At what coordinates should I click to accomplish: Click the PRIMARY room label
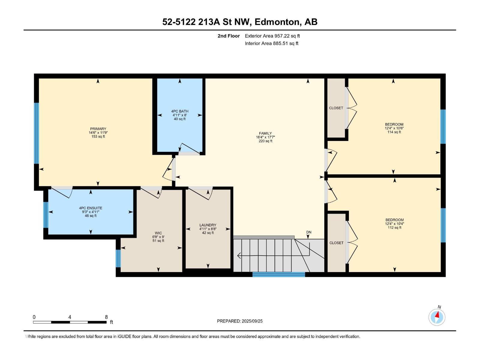pos(98,129)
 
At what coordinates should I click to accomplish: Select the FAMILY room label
pos(265,133)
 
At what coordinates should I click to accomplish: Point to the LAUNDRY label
pos(208,225)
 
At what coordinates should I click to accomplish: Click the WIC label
pos(158,233)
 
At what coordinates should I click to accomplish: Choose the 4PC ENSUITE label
pos(91,208)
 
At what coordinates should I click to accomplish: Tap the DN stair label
pos(309,232)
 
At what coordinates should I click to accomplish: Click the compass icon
pos(437,317)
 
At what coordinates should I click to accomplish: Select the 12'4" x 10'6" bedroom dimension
pos(394,128)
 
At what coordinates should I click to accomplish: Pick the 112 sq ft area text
pos(394,227)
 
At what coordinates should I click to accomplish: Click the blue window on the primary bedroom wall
pos(37,133)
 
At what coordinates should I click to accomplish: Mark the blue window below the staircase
pos(279,274)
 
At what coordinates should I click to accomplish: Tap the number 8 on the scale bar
pos(106,317)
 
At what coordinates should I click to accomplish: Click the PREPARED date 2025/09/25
pos(252,321)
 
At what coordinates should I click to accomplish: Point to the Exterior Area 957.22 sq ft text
pos(272,36)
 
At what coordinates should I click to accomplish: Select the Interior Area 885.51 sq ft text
pos(271,43)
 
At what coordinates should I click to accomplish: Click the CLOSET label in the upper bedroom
pos(336,108)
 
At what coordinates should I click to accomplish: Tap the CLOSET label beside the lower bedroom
pos(336,243)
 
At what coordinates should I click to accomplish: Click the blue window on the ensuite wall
pos(46,215)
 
